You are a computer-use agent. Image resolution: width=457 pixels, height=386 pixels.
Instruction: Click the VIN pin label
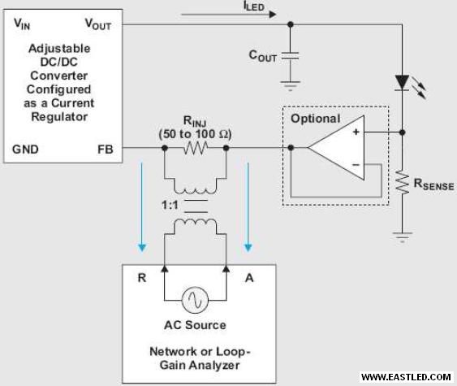click(x=22, y=24)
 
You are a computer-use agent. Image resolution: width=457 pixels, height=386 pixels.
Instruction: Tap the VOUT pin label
click(x=98, y=24)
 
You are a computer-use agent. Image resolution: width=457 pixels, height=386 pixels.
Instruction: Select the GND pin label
click(x=25, y=150)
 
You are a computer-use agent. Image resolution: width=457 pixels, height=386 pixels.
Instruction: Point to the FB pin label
click(x=106, y=150)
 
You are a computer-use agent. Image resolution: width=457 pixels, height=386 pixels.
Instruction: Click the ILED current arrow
click(x=229, y=15)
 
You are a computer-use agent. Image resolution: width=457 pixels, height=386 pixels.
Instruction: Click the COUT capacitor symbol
click(x=291, y=56)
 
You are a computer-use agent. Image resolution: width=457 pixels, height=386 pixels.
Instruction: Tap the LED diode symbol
click(x=402, y=83)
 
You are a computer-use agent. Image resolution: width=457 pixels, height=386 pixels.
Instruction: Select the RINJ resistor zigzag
click(x=196, y=148)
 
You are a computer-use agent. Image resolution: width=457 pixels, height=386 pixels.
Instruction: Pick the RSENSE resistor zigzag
click(x=402, y=182)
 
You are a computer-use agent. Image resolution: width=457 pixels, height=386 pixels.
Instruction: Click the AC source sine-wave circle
click(x=195, y=300)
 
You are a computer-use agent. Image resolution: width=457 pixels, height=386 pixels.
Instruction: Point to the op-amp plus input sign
click(x=356, y=132)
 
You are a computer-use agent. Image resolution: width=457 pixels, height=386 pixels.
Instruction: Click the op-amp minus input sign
click(x=356, y=165)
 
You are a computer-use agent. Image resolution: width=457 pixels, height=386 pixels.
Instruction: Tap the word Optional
click(x=315, y=119)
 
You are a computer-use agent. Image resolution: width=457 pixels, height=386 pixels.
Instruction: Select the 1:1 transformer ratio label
click(x=170, y=205)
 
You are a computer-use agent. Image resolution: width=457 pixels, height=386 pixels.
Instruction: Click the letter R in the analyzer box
click(x=142, y=278)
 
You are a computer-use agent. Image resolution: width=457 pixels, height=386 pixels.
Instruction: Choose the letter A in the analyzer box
click(x=249, y=278)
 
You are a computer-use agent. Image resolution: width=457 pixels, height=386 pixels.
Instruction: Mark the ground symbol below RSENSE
click(x=402, y=237)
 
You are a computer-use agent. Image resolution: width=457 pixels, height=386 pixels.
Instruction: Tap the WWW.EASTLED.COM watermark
click(x=406, y=377)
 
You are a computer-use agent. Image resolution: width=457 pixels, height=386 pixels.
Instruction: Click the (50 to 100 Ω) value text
click(x=195, y=134)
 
